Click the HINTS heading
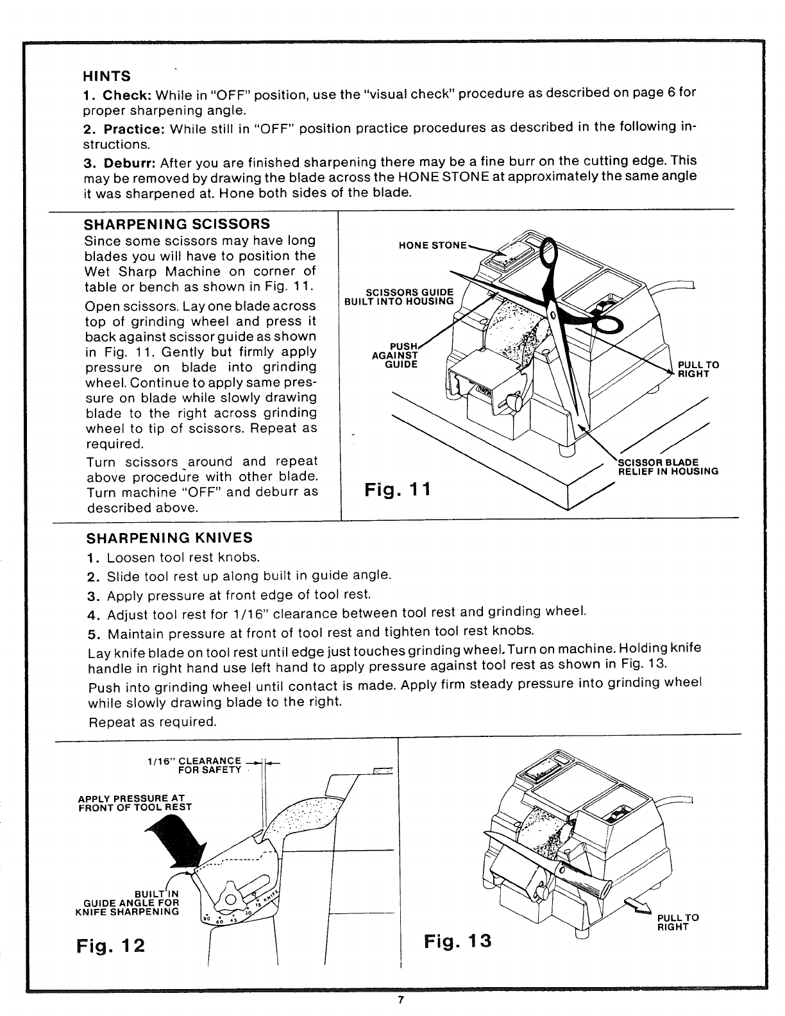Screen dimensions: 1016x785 107,76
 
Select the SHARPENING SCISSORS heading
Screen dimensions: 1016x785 177,224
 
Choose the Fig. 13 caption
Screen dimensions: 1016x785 458,941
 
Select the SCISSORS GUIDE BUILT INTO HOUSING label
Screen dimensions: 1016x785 399,297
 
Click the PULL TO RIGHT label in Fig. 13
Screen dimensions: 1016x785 677,922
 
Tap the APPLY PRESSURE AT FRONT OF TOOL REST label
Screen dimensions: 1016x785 133,802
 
